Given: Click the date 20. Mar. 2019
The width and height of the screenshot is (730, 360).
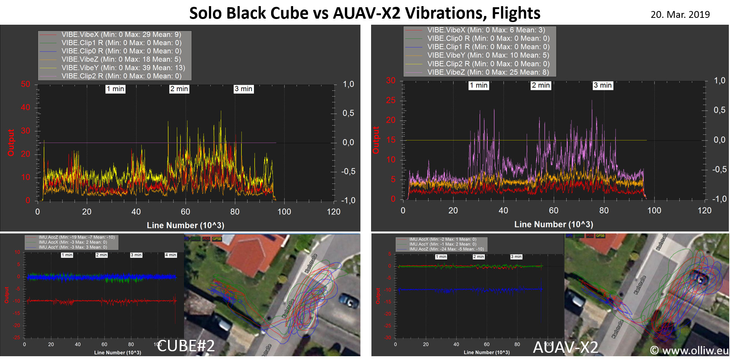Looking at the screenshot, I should click(x=680, y=14).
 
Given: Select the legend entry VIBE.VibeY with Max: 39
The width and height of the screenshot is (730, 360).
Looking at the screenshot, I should click(x=123, y=68).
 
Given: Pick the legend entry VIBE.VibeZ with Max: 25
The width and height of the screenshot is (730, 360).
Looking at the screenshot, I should click(x=488, y=72).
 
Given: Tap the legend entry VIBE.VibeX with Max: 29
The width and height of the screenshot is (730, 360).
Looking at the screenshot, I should click(x=121, y=35).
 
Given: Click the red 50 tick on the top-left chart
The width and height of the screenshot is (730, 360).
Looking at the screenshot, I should click(x=25, y=84).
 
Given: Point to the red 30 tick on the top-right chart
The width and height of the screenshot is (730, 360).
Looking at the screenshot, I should click(x=391, y=81).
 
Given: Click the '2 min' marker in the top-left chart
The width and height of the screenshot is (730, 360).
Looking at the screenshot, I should click(x=179, y=89).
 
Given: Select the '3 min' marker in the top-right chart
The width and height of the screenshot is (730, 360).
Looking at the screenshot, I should click(x=603, y=86).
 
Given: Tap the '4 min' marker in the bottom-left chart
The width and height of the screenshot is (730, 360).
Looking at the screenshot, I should click(x=171, y=255).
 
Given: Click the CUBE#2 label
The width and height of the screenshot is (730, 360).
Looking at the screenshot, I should click(x=186, y=346).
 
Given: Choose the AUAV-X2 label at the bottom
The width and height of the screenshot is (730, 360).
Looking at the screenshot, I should click(x=565, y=347).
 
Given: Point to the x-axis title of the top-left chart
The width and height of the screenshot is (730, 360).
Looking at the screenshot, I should click(x=186, y=225).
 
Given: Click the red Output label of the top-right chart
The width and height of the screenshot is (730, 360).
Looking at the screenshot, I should click(x=376, y=140).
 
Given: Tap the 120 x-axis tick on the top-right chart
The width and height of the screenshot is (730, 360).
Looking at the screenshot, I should click(x=704, y=211).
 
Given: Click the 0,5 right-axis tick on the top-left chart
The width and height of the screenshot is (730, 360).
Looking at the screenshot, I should click(x=348, y=113).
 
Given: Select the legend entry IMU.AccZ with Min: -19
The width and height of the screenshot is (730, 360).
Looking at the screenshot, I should click(x=76, y=237).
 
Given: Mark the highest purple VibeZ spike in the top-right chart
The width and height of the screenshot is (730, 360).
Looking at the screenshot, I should click(x=592, y=101).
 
